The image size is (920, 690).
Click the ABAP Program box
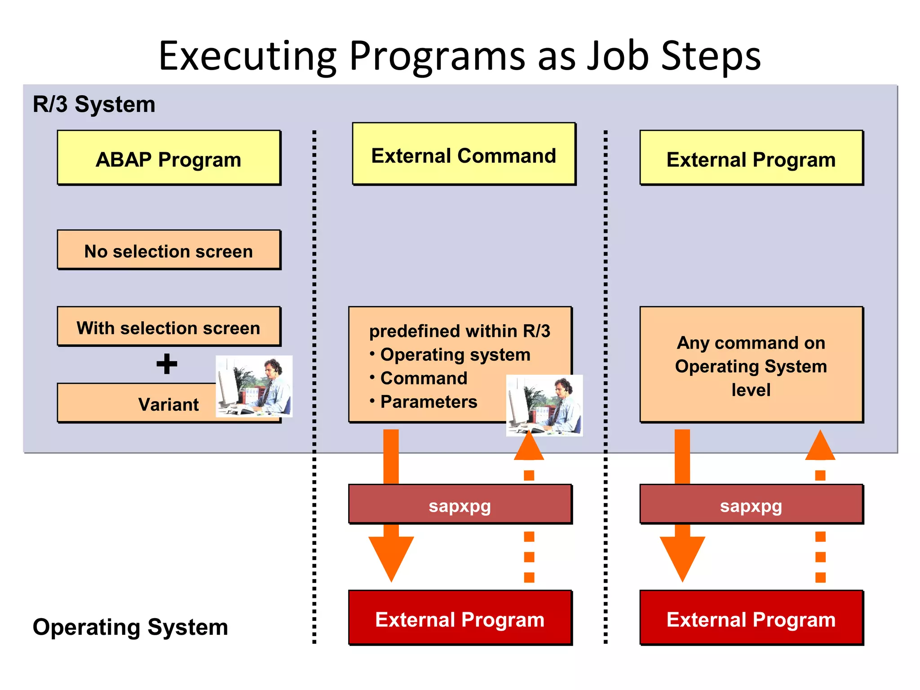pyautogui.click(x=168, y=158)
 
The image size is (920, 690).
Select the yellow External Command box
pyautogui.click(x=464, y=154)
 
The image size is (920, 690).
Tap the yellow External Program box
pyautogui.click(x=751, y=158)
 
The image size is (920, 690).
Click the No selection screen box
pyautogui.click(x=168, y=250)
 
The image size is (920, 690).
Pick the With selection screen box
pyautogui.click(x=168, y=327)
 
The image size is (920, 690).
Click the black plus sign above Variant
pyautogui.click(x=167, y=364)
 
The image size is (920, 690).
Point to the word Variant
pyautogui.click(x=168, y=404)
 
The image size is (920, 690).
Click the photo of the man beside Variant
pyautogui.click(x=254, y=386)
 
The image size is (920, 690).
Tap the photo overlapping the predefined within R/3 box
pyautogui.click(x=544, y=406)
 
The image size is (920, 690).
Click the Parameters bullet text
pyautogui.click(x=429, y=402)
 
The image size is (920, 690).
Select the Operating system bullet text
pyautogui.click(x=455, y=354)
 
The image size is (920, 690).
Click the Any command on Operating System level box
pyautogui.click(x=751, y=365)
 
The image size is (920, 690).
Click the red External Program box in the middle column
pyautogui.click(x=460, y=619)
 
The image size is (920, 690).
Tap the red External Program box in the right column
pyautogui.click(x=751, y=619)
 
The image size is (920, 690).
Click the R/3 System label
pyautogui.click(x=94, y=104)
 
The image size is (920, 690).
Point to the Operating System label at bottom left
pyautogui.click(x=130, y=627)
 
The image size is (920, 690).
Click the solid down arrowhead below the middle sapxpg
pyautogui.click(x=391, y=557)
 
